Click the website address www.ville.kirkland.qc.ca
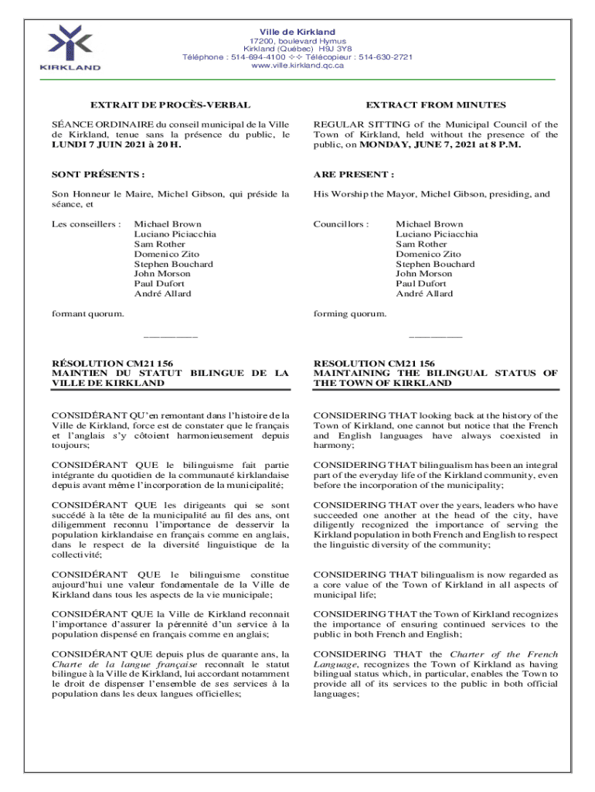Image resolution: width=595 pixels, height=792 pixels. point(297,66)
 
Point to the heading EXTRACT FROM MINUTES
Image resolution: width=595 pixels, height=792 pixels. point(436,104)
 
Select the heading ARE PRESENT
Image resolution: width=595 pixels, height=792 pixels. point(354,175)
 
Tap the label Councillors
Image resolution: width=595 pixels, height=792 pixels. point(341,224)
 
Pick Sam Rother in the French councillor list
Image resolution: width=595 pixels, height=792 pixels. point(158,244)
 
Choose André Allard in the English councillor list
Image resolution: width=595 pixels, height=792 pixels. point(424,294)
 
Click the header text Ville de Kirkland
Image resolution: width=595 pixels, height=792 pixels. point(297,32)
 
